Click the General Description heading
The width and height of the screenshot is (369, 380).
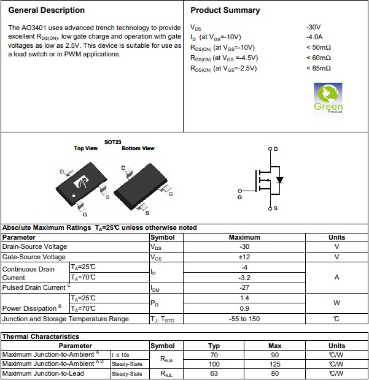(47, 10)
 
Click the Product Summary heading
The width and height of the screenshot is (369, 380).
(225, 10)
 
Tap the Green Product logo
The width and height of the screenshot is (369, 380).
(328, 98)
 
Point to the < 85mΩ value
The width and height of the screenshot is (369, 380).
(318, 68)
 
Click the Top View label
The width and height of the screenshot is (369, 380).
(85, 148)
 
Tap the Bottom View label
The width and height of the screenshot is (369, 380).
(138, 148)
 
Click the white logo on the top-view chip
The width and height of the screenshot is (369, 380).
(80, 183)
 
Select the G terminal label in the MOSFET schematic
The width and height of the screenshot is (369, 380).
(239, 197)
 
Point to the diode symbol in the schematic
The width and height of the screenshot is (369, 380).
(280, 180)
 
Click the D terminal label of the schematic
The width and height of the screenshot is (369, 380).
(275, 149)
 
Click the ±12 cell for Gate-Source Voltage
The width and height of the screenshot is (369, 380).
(244, 257)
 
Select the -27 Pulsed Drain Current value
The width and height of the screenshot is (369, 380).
(244, 287)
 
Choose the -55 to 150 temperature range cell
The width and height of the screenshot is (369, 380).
(244, 319)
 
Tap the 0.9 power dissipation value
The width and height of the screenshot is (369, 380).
(244, 308)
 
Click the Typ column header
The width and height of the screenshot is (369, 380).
(214, 346)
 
